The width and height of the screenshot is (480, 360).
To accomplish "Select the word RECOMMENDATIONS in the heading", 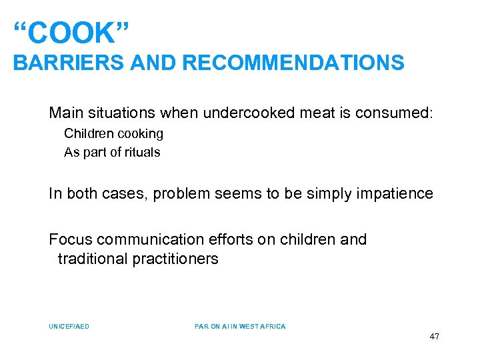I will tap(293, 63).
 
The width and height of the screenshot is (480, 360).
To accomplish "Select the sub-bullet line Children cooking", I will tap(113, 133).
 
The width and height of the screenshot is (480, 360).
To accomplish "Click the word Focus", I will tap(69, 239).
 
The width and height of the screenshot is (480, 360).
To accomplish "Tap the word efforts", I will tap(227, 239).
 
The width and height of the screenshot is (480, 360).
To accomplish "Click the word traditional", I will tap(91, 259).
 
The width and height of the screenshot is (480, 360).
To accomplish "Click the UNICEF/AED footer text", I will tap(69, 327).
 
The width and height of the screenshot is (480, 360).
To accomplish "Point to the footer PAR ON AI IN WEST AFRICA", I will tap(240, 327).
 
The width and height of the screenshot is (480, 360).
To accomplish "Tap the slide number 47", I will tap(434, 337).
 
